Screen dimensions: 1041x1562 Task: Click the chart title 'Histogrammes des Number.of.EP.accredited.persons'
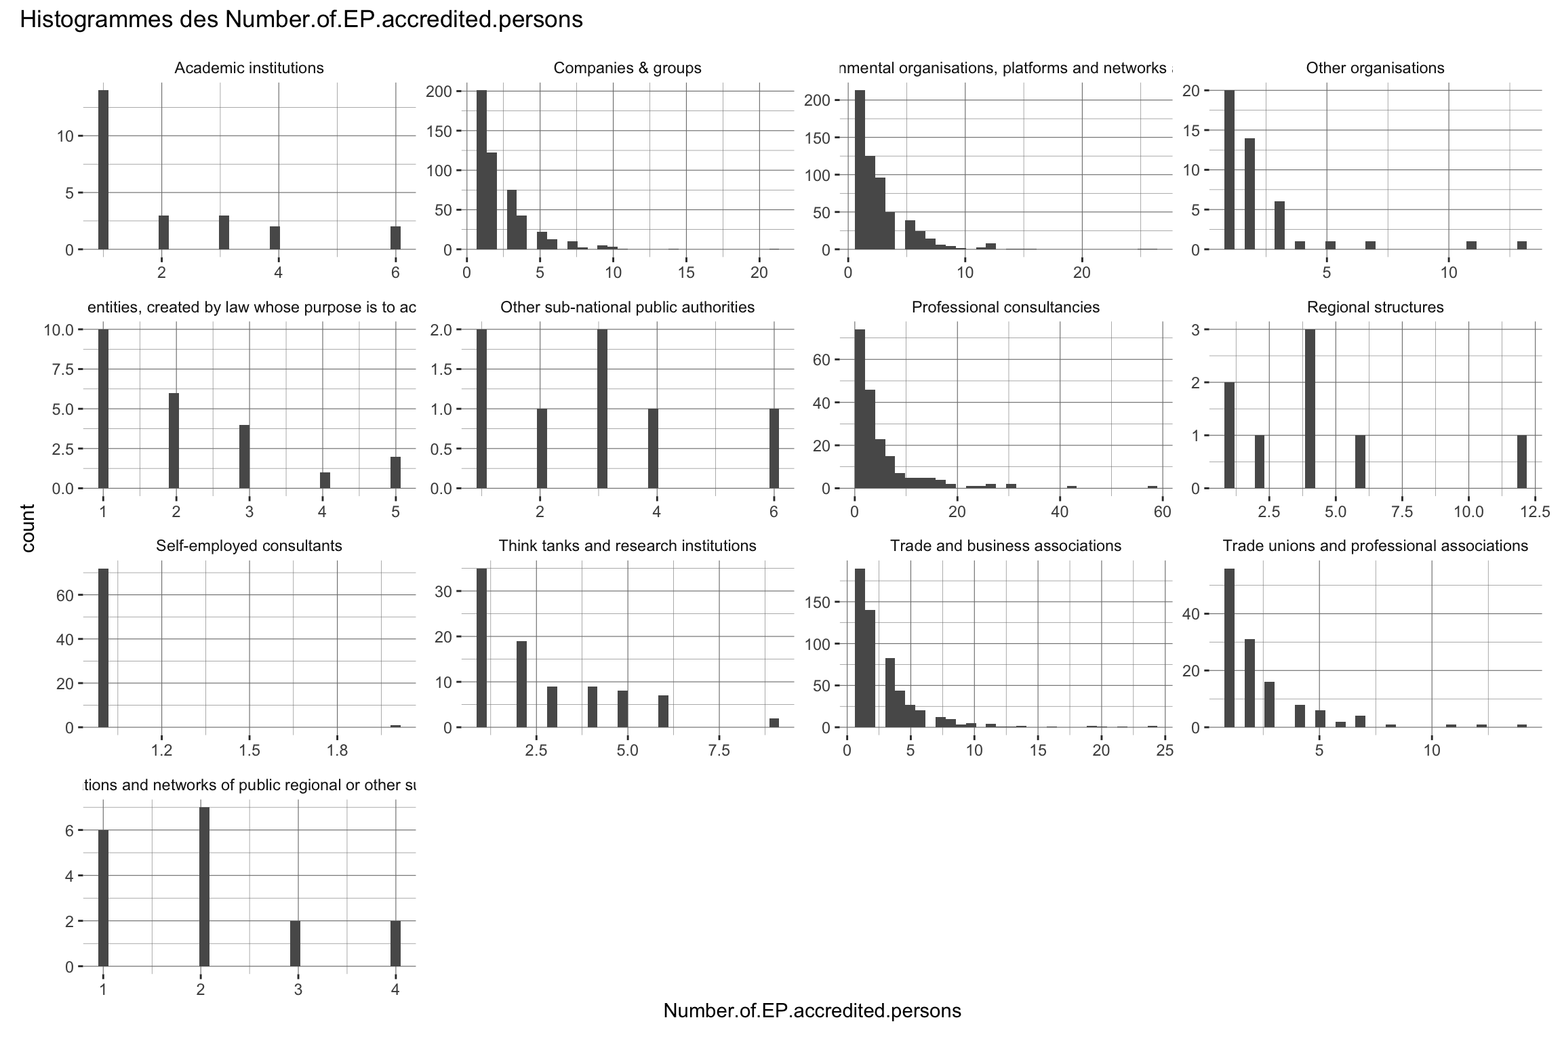301,20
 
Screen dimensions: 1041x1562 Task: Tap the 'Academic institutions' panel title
249,68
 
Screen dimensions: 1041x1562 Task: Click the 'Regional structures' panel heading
1375,308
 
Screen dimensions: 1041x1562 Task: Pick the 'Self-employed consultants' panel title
249,546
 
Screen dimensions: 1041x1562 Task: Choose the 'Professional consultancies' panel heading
1005,308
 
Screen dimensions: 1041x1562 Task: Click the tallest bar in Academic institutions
103,169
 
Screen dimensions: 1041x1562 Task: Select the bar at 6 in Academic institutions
395,238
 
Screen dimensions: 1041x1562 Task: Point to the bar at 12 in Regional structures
1522,462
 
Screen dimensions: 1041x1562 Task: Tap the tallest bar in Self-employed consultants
103,647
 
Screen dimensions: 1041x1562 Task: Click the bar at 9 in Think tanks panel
774,722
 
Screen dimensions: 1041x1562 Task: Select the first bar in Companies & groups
481,169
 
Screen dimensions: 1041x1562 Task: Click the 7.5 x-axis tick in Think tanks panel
719,751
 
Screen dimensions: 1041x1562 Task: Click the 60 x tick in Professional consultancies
1162,512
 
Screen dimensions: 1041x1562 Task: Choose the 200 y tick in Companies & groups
445,91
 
